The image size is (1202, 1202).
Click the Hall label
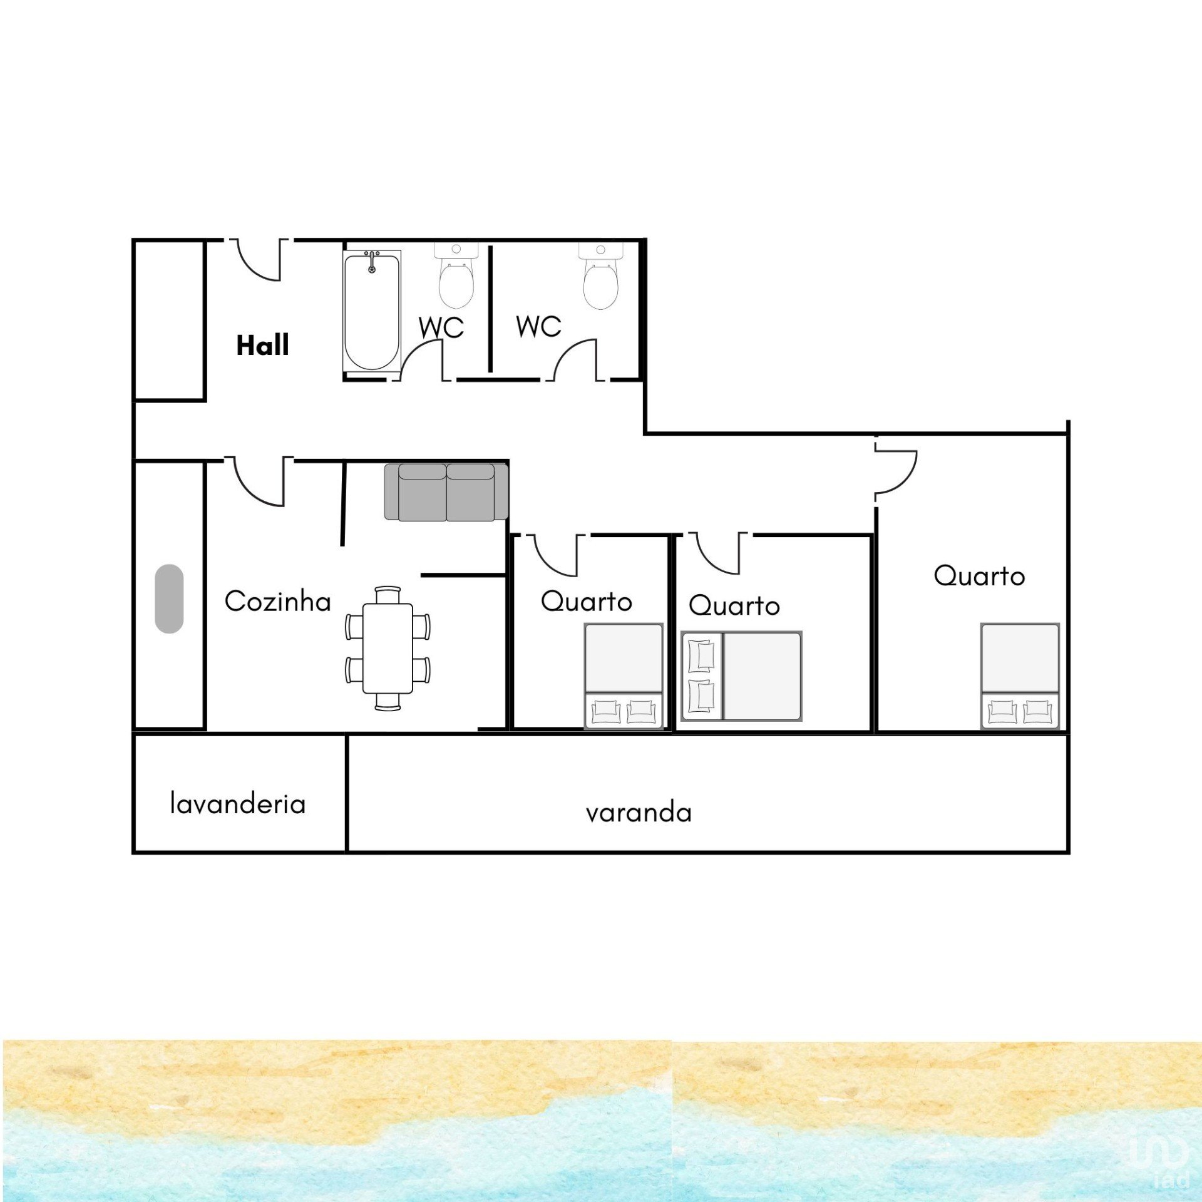pos(262,345)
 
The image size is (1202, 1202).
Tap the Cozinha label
pos(277,601)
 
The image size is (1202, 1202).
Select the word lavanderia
pos(238,803)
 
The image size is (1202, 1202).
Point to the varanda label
pos(639,813)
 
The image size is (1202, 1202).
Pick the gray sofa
pos(446,492)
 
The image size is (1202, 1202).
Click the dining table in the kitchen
pos(388,648)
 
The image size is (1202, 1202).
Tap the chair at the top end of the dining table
pos(388,594)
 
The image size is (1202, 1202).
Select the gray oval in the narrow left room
pos(169,598)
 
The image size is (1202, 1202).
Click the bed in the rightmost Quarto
pos(1020,675)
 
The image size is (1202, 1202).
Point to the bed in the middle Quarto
pos(741,676)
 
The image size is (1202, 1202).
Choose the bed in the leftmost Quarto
pos(624,675)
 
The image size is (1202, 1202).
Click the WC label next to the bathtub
pos(441,327)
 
